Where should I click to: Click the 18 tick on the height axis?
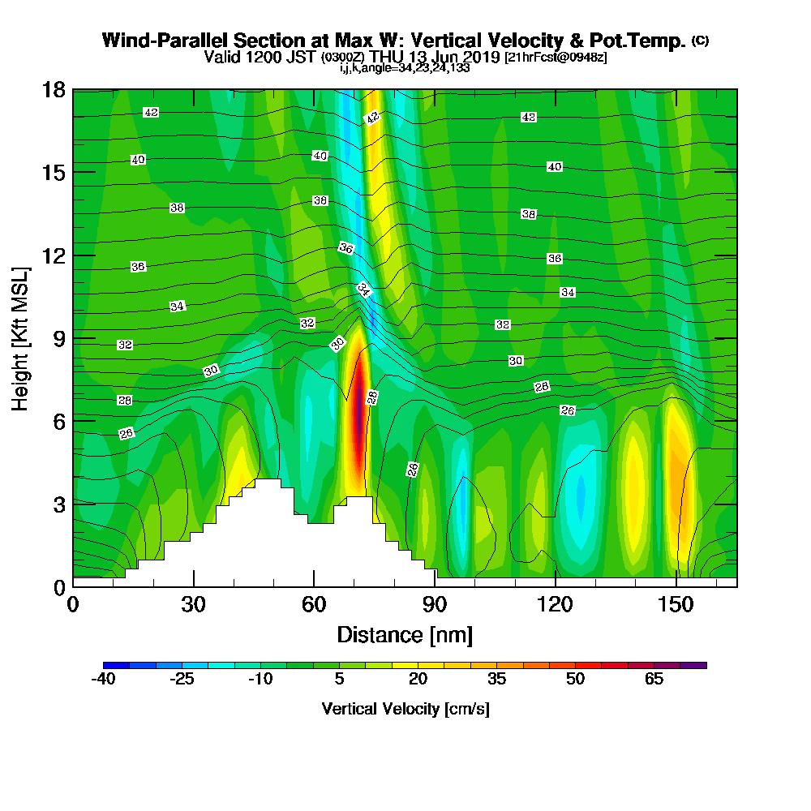73,89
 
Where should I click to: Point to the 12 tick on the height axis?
73,255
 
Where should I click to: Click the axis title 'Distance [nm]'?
405,634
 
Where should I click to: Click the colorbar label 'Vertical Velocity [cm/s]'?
405,709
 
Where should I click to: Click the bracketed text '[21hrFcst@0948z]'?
555,58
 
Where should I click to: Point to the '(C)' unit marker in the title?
700,41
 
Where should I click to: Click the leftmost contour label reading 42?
151,113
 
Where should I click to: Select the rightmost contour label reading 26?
568,410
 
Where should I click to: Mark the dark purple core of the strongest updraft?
357,405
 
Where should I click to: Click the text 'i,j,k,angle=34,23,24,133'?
405,68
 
